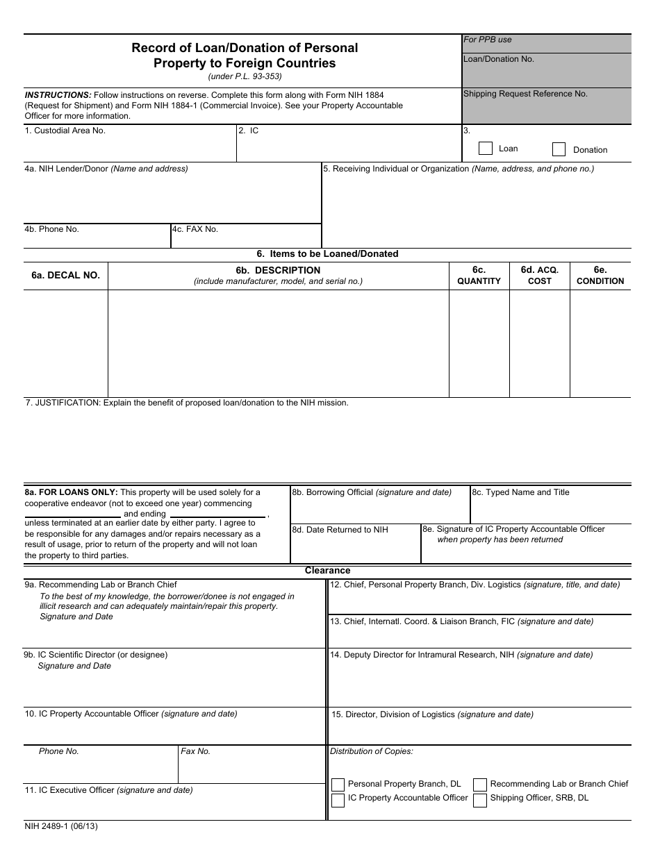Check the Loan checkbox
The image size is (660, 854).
[486, 149]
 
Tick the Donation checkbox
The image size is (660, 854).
[559, 149]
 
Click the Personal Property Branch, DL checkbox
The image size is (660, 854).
[338, 785]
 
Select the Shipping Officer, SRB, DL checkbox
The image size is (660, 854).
[480, 801]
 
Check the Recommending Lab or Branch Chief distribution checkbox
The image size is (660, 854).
[480, 785]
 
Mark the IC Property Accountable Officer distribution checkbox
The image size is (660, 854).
[338, 801]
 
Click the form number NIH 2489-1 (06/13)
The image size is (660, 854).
[61, 827]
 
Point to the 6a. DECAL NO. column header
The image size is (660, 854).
[65, 275]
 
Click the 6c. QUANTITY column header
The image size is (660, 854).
[479, 275]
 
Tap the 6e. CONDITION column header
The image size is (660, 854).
[600, 275]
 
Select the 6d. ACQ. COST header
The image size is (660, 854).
[539, 275]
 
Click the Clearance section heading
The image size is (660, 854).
[327, 571]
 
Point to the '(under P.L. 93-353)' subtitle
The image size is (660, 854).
[245, 76]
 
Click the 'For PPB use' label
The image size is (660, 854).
[488, 40]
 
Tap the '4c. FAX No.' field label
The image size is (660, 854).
[196, 229]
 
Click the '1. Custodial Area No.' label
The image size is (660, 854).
[65, 131]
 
